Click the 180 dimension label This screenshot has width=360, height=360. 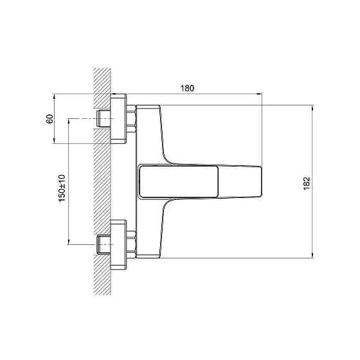point(187,89)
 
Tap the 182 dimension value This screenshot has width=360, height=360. point(307,183)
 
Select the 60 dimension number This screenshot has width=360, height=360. point(50,119)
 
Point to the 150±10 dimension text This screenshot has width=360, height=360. point(62,188)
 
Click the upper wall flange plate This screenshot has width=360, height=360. point(118,119)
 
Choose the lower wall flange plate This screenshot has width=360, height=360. point(118,245)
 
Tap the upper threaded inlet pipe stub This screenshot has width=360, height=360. point(104,119)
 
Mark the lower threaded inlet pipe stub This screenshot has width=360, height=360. point(104,244)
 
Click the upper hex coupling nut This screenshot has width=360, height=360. point(131,119)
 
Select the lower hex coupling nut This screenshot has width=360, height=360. point(131,245)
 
